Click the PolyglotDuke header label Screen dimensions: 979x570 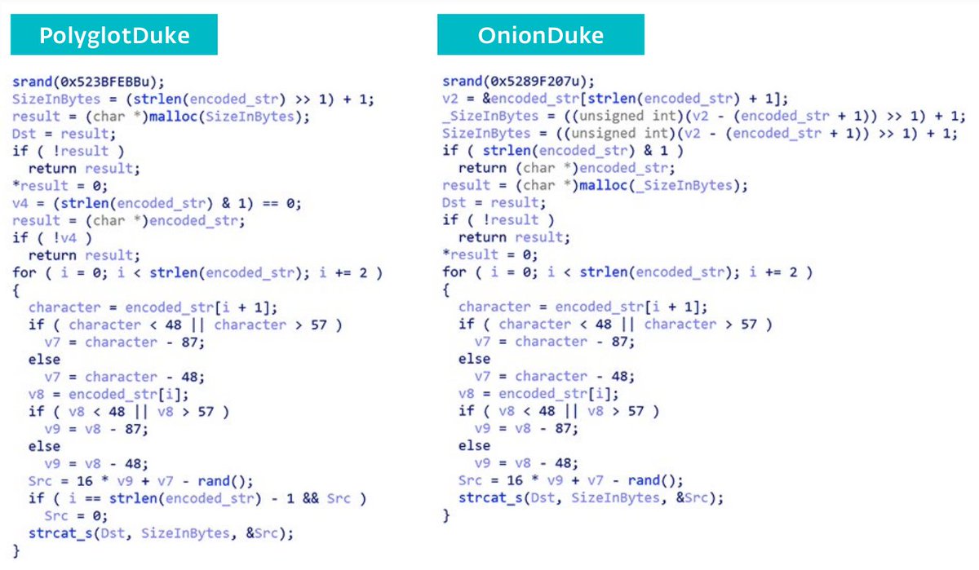(113, 37)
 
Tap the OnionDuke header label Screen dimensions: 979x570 (540, 37)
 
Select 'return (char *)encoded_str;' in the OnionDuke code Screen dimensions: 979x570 (567, 168)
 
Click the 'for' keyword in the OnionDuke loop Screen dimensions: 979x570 (454, 272)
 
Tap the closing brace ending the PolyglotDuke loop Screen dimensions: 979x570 (16, 550)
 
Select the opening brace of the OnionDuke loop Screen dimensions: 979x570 (446, 289)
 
